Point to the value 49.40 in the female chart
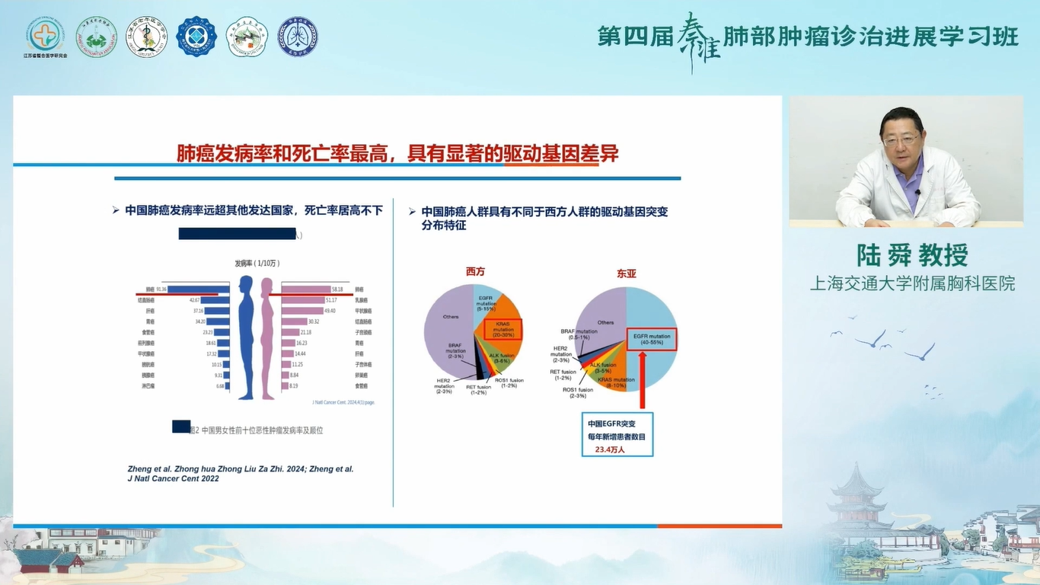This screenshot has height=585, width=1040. pyautogui.click(x=330, y=311)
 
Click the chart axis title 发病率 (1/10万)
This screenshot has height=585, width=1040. pyautogui.click(x=257, y=263)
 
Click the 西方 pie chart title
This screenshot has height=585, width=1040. pyautogui.click(x=475, y=271)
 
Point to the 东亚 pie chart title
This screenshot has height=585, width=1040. pyautogui.click(x=627, y=273)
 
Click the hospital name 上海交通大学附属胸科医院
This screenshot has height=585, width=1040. pyautogui.click(x=912, y=283)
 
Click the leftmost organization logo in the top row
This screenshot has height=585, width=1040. pyautogui.click(x=45, y=36)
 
